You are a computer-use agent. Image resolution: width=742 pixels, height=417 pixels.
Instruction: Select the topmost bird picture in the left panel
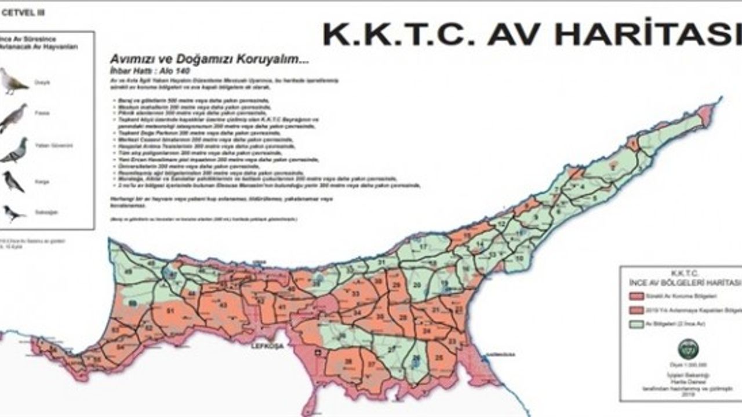[13, 81]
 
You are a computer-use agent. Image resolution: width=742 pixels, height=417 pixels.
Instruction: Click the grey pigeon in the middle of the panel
[14, 150]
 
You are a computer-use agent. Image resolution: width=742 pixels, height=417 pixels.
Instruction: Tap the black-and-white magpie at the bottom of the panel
[13, 213]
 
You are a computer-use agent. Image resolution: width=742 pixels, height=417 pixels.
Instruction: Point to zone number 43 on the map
[223, 305]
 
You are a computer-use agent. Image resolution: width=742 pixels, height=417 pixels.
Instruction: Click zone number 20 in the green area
[416, 284]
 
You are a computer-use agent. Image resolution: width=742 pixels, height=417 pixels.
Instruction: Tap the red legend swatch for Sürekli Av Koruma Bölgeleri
[634, 296]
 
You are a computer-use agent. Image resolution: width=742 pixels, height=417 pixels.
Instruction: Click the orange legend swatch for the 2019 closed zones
[634, 310]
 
